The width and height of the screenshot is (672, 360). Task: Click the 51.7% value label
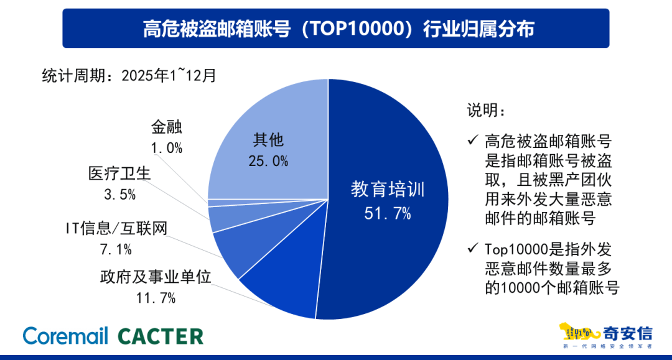coord(387,214)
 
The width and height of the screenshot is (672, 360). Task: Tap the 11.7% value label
coord(156,298)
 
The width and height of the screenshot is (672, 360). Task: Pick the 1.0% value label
coord(166,147)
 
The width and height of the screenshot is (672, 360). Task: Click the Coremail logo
coord(65,336)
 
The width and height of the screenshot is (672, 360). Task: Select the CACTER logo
coord(161,336)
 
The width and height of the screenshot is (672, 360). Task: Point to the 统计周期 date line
coord(129,76)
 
